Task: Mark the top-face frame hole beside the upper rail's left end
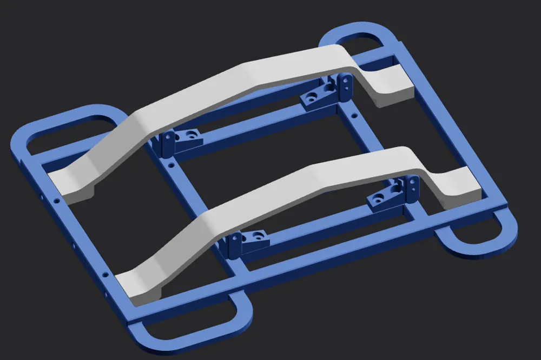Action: coord(56,201)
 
